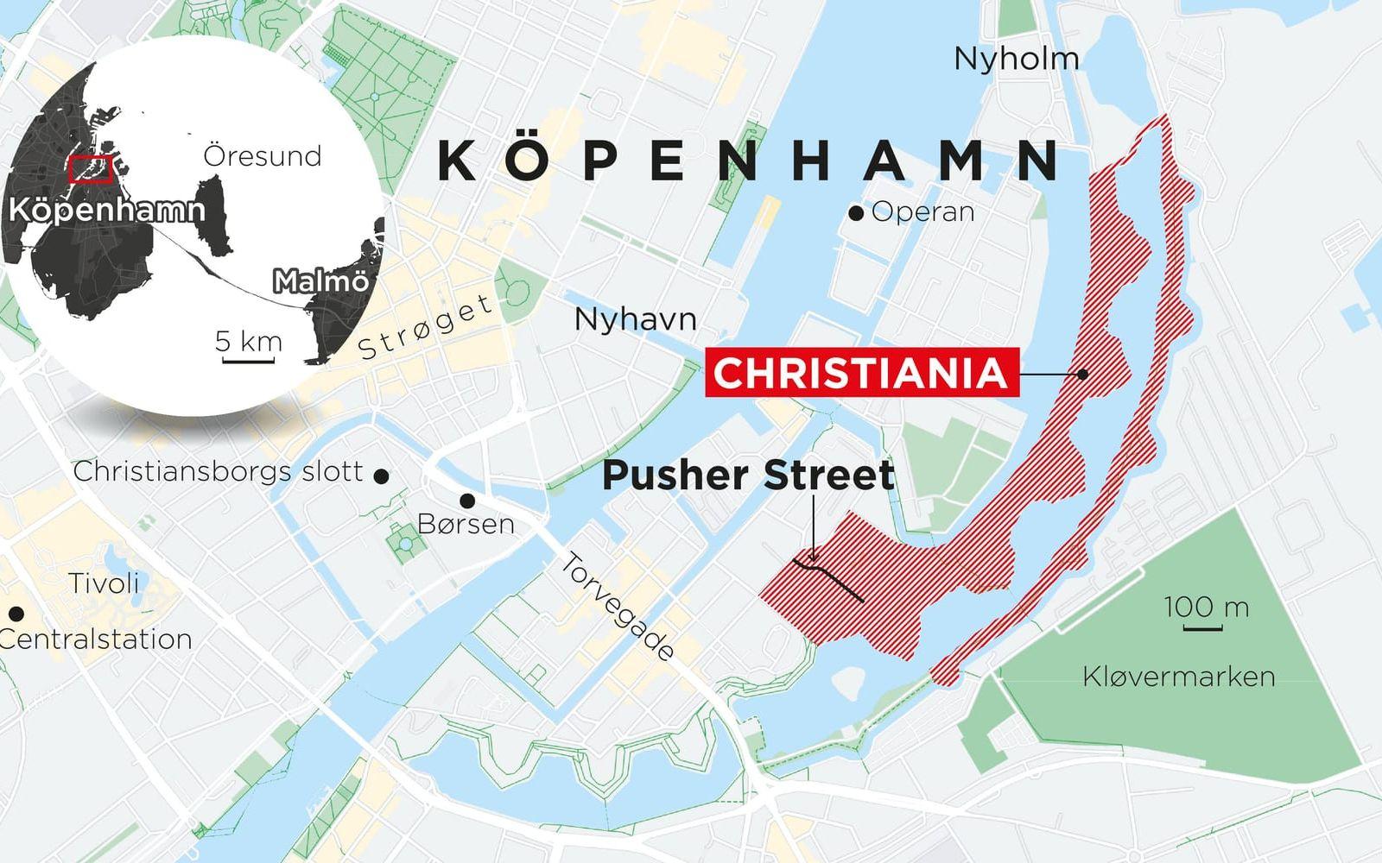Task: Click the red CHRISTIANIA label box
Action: (861, 373)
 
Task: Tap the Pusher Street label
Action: (748, 476)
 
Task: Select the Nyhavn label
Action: (635, 320)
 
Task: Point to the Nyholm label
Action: (1017, 59)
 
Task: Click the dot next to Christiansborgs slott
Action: (381, 475)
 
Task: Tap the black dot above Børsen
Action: (467, 501)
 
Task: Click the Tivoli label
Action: (104, 583)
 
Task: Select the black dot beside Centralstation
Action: (16, 614)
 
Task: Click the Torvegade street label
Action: (617, 608)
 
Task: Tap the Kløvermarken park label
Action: (1178, 677)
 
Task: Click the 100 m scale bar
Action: (1201, 627)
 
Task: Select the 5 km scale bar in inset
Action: (248, 358)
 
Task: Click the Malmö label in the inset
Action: (320, 281)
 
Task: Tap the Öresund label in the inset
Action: (262, 156)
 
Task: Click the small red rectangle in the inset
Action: (91, 170)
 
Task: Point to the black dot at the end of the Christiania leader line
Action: (1082, 374)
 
